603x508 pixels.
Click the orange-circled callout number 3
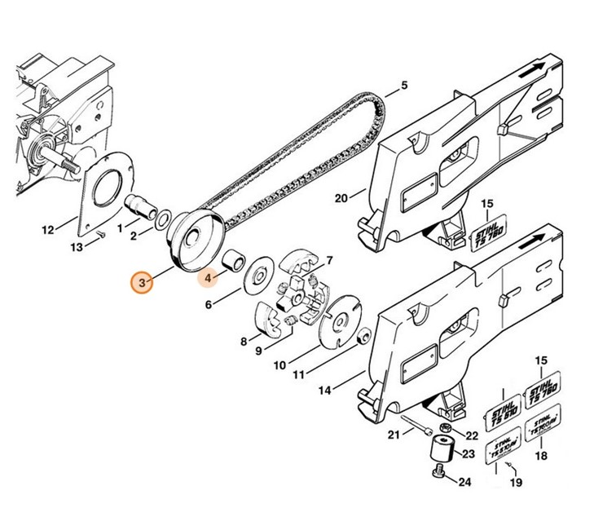click(x=143, y=283)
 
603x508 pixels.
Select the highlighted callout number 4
click(x=209, y=279)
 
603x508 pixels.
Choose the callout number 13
click(x=77, y=246)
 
